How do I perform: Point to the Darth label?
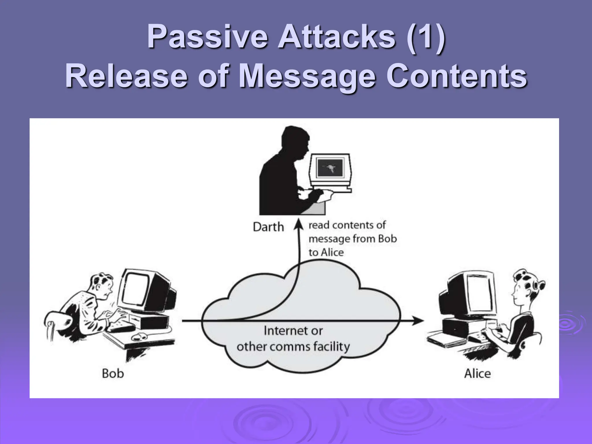(x=268, y=227)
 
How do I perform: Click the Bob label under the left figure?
(x=113, y=373)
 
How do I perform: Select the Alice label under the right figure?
(x=477, y=373)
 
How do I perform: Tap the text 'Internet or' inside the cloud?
(x=293, y=331)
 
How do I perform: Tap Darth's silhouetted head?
(x=295, y=142)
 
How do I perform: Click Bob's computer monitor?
(x=137, y=289)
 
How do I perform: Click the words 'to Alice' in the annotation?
(x=326, y=252)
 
